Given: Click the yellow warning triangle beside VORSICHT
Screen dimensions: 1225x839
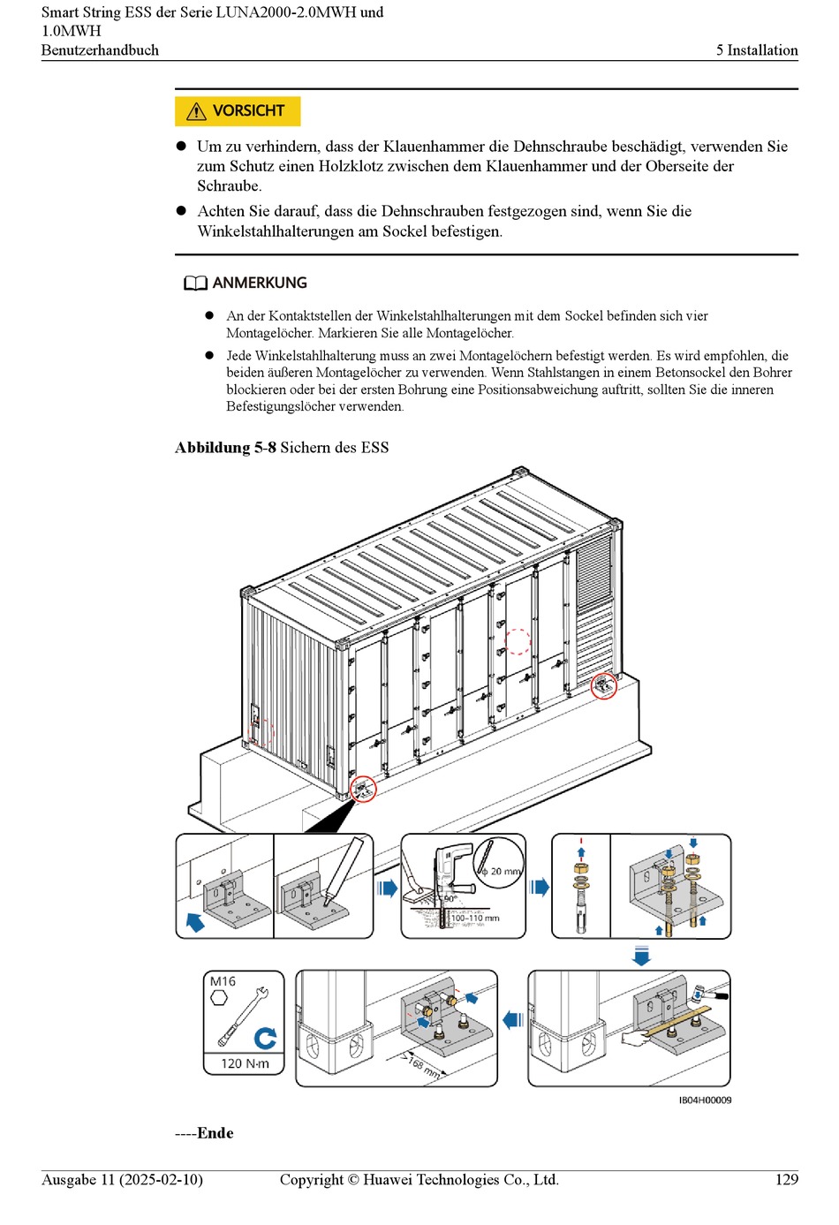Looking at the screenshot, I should [196, 111].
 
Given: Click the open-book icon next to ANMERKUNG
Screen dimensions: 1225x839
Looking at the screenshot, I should [195, 284].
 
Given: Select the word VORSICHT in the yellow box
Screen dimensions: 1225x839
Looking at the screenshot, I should [248, 111].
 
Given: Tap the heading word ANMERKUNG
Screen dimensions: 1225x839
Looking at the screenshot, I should [260, 284].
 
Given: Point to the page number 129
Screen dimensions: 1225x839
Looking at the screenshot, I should [786, 1180].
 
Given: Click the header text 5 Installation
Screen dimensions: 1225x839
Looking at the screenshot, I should [757, 50].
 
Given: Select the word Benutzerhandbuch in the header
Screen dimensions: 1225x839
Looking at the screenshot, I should [100, 50].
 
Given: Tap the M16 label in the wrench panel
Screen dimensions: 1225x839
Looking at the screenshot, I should [223, 982].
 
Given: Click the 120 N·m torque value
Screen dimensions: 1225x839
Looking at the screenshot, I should [245, 1063].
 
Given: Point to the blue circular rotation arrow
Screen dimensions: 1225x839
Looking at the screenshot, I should [265, 1038].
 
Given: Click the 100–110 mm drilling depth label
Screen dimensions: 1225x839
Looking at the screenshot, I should [475, 919].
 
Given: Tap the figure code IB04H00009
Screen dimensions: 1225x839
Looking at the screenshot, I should [705, 1100].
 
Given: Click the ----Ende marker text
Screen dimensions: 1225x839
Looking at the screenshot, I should [204, 1133].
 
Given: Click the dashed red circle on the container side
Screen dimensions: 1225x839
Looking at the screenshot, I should [518, 641].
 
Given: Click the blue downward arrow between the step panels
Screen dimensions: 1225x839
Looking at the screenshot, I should [642, 955].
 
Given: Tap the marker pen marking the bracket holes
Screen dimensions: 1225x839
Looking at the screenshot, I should [344, 870].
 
